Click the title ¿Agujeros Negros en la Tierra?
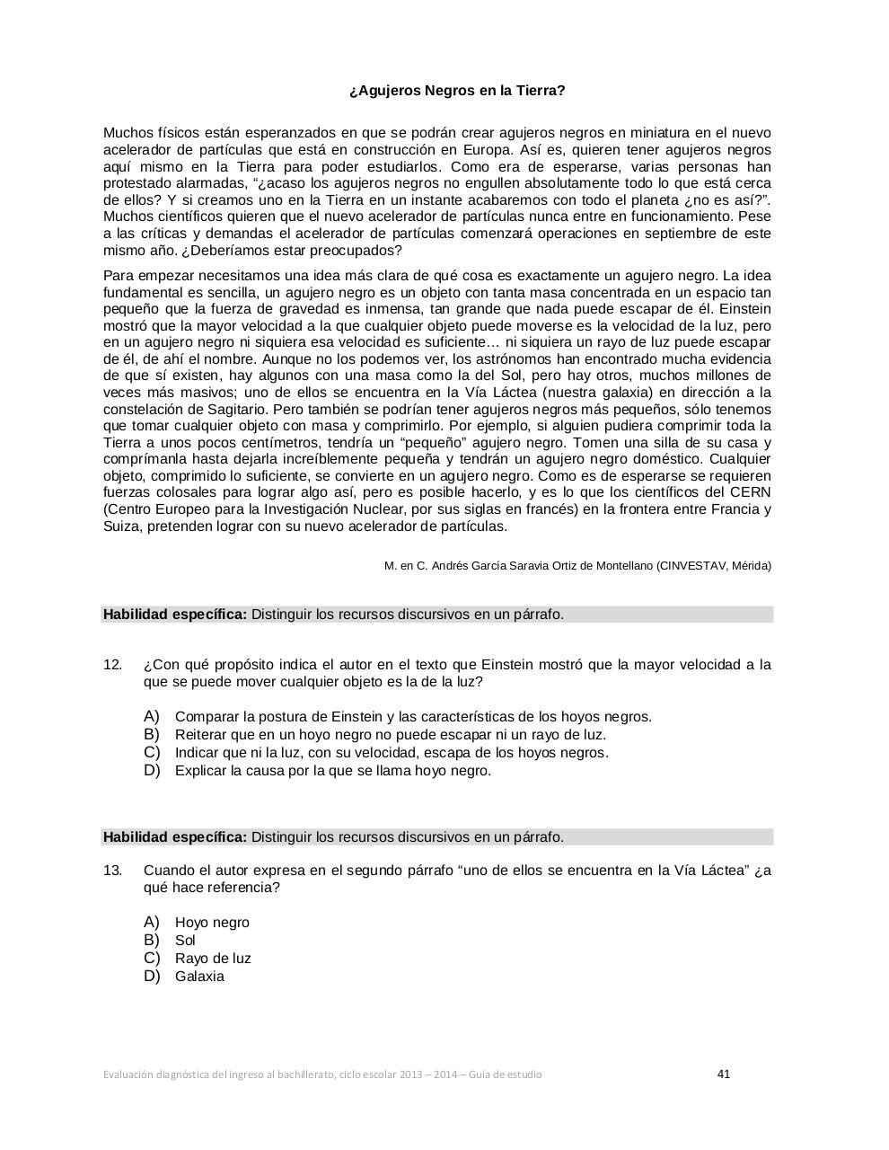tap(457, 91)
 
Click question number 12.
tap(112, 665)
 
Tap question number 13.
tap(112, 871)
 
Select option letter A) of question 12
tap(152, 716)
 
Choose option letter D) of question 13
tap(152, 976)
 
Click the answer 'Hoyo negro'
tap(212, 923)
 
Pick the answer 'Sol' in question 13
tap(185, 941)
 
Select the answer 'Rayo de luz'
tap(213, 959)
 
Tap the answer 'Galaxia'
tap(199, 977)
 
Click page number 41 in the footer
tap(724, 1074)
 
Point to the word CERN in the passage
tap(753, 492)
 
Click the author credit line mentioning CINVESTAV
tap(577, 566)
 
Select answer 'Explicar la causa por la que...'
tap(333, 771)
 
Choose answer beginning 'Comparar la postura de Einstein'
tap(413, 717)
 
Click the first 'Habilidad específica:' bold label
tap(175, 615)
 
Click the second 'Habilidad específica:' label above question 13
tap(175, 837)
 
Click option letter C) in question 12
tap(152, 752)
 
